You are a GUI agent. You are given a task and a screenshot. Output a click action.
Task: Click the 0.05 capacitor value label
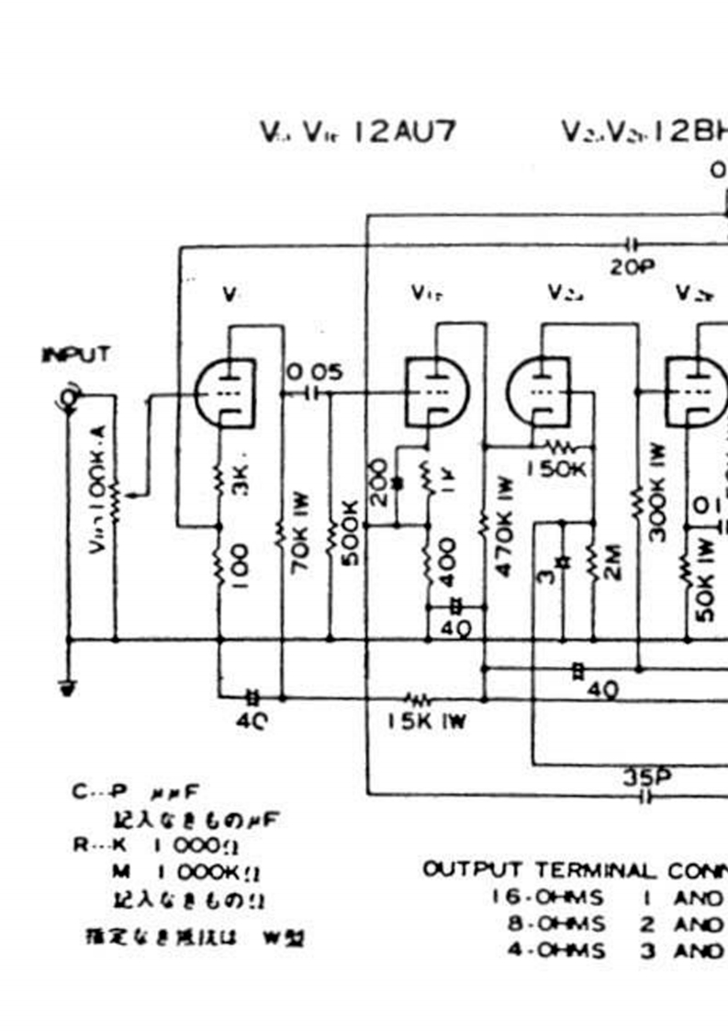point(314,372)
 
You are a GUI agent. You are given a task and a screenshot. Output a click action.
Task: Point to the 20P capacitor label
point(631,267)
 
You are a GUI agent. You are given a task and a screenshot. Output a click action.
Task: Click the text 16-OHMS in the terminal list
point(548,897)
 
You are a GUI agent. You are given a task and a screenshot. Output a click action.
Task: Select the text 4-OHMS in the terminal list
point(556,951)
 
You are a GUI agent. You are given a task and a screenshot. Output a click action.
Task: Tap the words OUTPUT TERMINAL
point(539,869)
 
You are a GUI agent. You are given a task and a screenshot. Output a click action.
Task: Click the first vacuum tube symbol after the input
point(225,391)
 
